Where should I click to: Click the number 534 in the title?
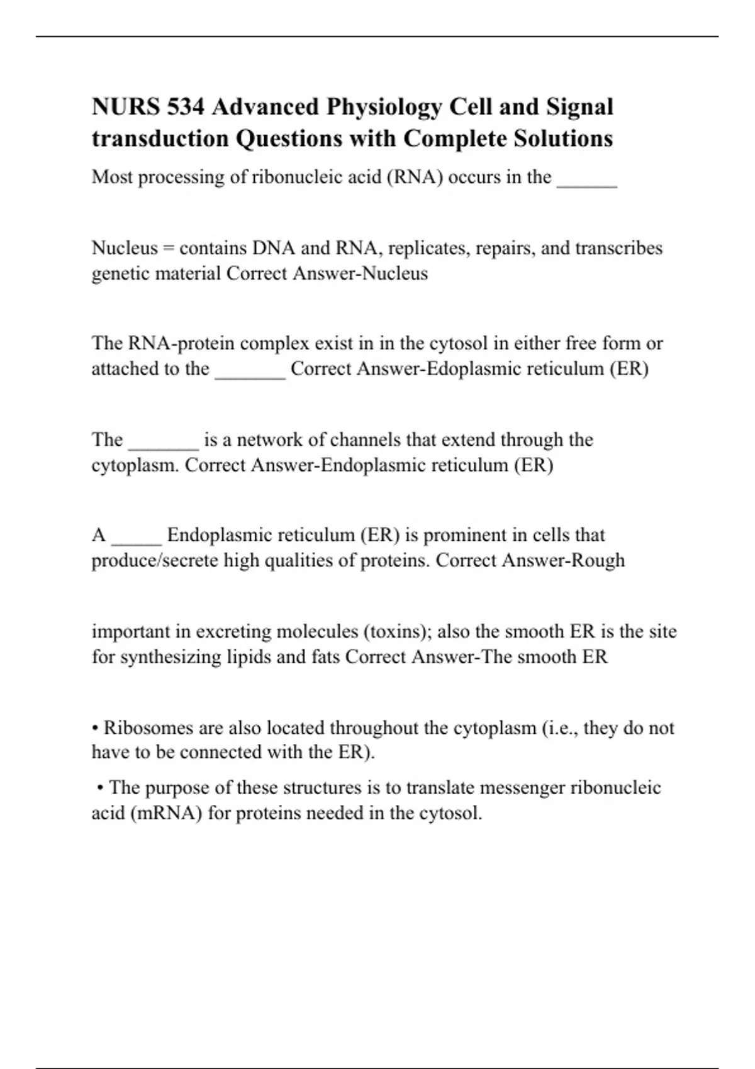pos(186,107)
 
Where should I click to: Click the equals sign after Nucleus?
pos(168,248)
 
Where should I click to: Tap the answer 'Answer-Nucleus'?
pos(365,274)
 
